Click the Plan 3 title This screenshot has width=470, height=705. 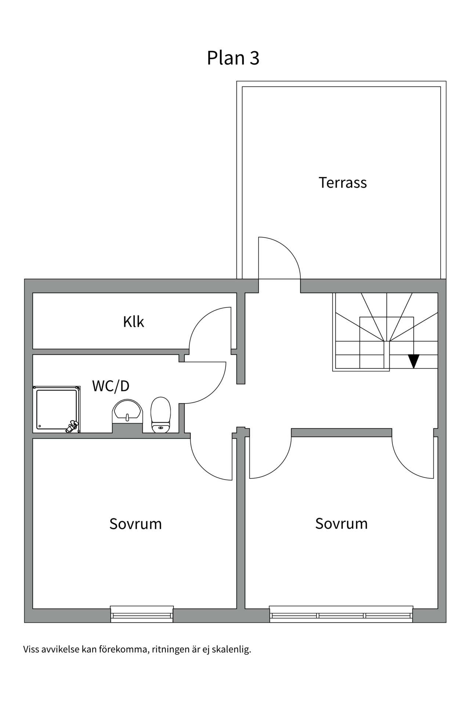pos(233,58)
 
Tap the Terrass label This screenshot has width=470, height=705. pos(342,182)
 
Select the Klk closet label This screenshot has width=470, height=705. pos(133,322)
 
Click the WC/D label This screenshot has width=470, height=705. pos(111,386)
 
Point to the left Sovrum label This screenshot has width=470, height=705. pos(135,524)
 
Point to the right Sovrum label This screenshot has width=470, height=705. pos(341,524)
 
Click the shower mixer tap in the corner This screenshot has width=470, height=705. pos(72,427)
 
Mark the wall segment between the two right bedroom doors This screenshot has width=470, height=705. pos(341,432)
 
